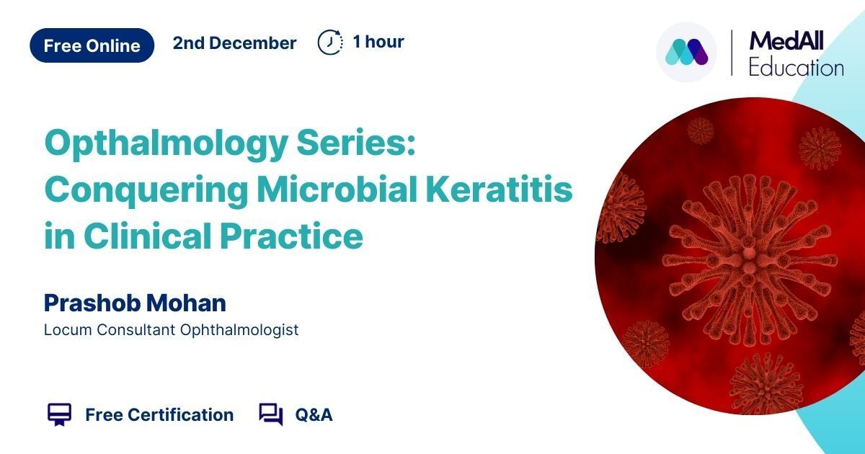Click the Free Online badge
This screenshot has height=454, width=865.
[92, 45]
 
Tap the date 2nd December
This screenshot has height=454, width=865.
[234, 43]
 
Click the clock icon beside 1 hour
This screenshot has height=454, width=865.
[330, 42]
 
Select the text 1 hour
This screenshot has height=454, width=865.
[378, 42]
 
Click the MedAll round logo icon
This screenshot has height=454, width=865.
[686, 52]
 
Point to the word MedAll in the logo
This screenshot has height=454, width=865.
[786, 41]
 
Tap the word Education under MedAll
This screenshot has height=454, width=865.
[797, 68]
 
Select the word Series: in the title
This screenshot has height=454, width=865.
[355, 142]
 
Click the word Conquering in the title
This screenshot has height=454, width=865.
[146, 191]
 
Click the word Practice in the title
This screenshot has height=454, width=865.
[291, 236]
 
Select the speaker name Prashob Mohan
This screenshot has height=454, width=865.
[135, 303]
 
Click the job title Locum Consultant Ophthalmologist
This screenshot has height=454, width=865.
[171, 330]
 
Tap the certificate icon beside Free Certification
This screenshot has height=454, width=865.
[59, 414]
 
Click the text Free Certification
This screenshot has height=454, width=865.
[159, 415]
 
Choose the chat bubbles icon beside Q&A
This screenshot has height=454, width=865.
[271, 414]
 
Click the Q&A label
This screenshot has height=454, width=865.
[314, 415]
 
